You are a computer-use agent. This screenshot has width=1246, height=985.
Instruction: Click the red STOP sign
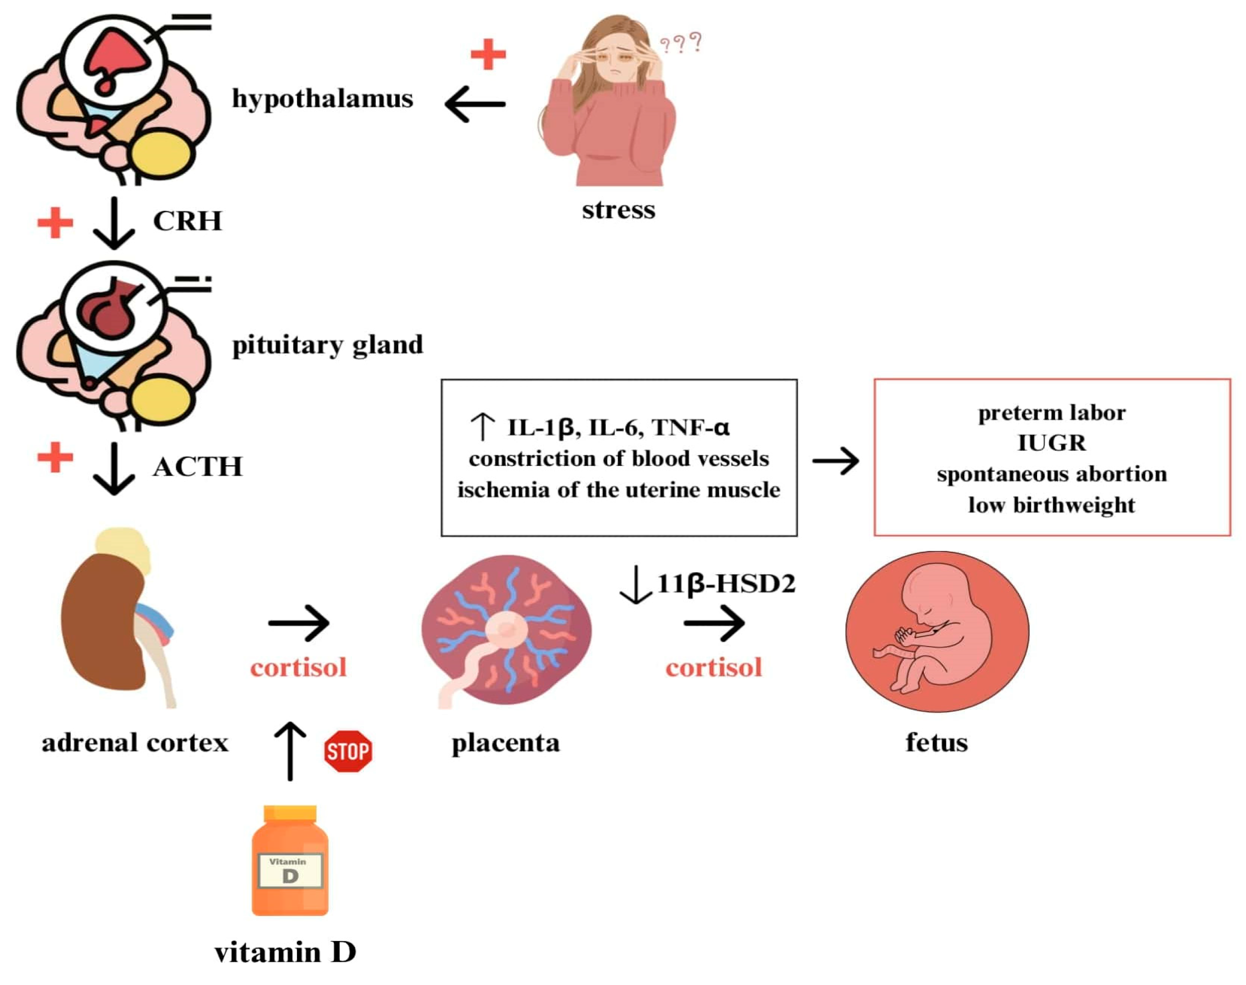point(348,751)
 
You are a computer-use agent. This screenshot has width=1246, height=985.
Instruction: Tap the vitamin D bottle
point(290,860)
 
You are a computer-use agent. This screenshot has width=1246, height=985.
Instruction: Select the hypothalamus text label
point(322,98)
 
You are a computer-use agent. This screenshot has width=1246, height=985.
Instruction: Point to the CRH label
point(187,221)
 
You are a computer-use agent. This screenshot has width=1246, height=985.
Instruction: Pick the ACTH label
point(198,467)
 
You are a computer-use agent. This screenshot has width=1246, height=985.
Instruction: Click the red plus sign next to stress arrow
point(488,54)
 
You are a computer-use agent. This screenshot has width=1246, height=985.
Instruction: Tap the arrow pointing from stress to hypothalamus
point(475,104)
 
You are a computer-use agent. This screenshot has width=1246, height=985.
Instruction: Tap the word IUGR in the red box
point(1052,443)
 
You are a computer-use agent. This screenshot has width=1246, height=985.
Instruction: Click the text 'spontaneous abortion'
point(1052,474)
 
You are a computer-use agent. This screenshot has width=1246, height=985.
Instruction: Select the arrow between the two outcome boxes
point(835,461)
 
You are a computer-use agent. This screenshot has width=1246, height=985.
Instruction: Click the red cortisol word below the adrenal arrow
point(298,667)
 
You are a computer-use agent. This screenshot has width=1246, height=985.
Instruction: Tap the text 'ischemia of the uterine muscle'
point(618,490)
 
